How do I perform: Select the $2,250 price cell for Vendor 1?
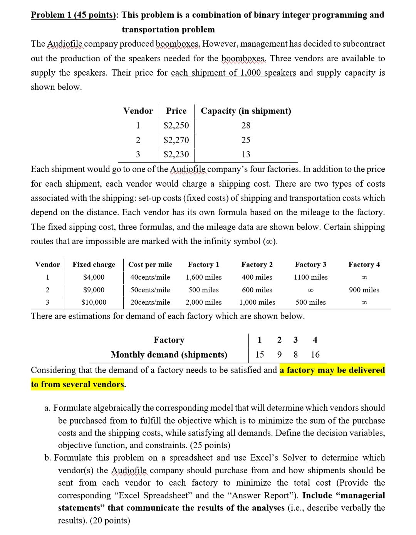tap(176, 125)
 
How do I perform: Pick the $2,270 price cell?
tap(176, 140)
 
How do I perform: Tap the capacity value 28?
tap(246, 125)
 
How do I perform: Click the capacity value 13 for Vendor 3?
tap(246, 154)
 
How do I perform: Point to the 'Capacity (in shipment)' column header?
tap(246, 111)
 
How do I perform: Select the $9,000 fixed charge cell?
tap(94, 290)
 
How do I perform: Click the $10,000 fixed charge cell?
tap(94, 302)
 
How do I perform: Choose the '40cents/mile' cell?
tap(150, 277)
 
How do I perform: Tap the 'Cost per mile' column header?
tap(150, 265)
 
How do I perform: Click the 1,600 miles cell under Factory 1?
tap(203, 277)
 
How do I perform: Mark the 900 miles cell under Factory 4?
tap(364, 290)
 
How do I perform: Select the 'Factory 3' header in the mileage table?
tap(310, 265)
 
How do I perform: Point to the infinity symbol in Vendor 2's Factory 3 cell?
tap(310, 290)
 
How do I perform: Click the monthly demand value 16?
tap(315, 354)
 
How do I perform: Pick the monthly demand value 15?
tap(260, 354)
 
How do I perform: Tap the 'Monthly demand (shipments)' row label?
tap(169, 354)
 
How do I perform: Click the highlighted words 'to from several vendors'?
tap(77, 385)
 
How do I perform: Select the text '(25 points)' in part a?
tap(210, 446)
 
